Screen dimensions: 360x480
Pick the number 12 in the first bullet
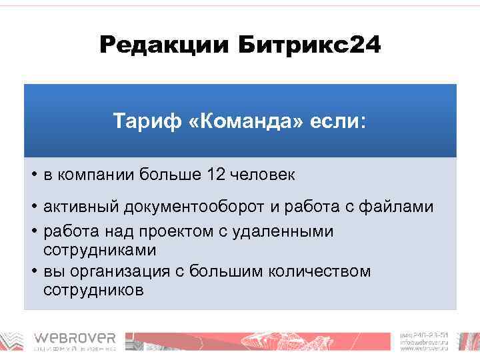pyautogui.click(x=216, y=175)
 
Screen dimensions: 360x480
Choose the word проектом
pyautogui.click(x=167, y=231)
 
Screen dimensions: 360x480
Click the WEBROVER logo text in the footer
pyautogui.click(x=75, y=338)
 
